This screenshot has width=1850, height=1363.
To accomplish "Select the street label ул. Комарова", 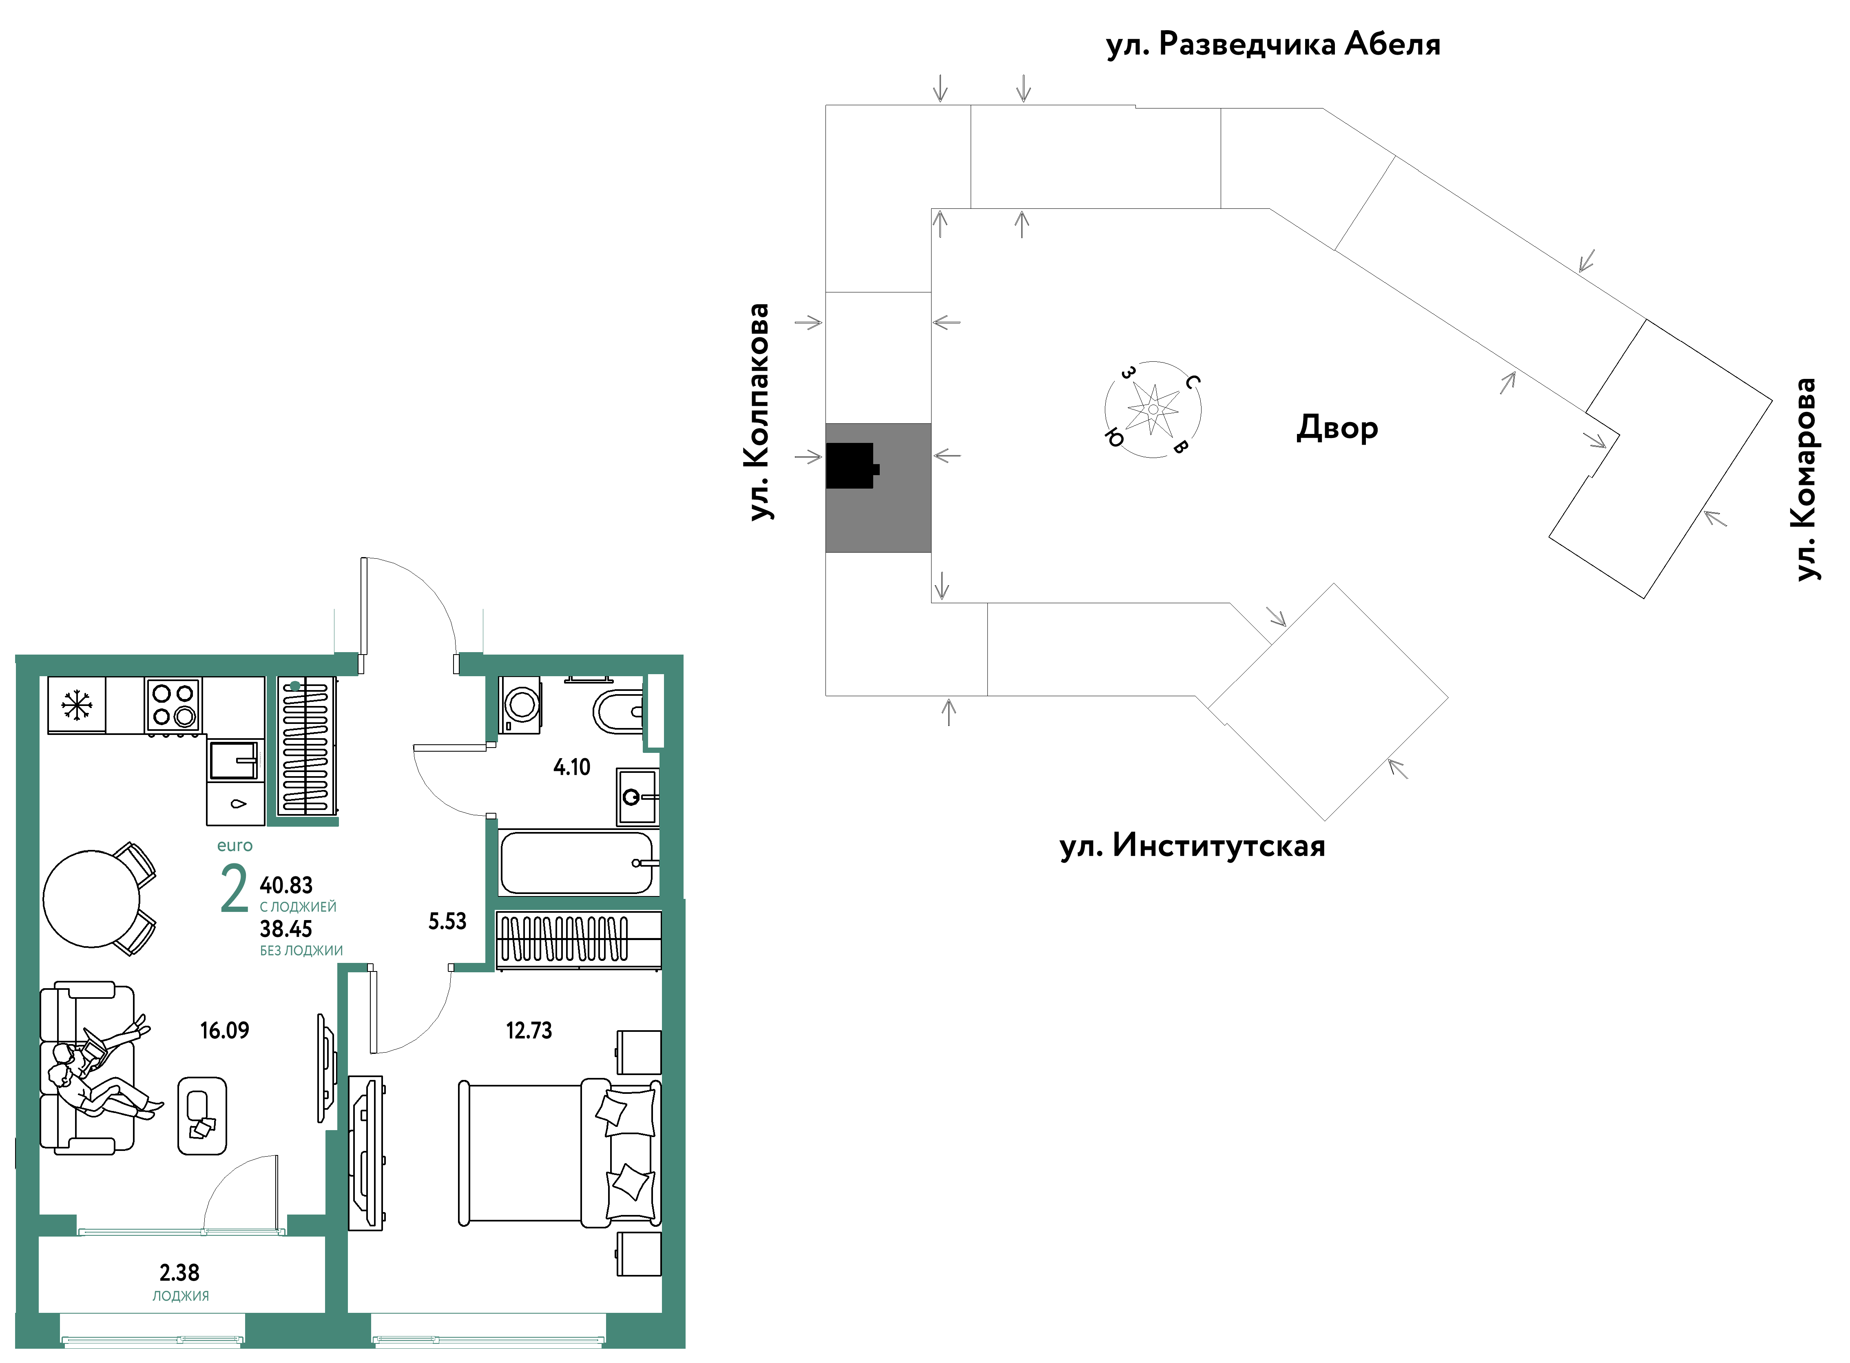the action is [1806, 479].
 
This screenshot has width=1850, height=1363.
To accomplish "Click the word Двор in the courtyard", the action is [1337, 428].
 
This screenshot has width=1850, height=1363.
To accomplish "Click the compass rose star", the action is [1153, 409].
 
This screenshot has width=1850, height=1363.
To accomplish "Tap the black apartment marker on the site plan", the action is [852, 466].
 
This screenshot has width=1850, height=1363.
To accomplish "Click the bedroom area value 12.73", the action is [529, 1031].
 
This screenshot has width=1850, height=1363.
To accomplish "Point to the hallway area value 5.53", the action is [447, 922].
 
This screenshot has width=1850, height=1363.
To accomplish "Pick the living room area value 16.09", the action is [224, 1031].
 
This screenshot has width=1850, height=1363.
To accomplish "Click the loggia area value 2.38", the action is [180, 1273].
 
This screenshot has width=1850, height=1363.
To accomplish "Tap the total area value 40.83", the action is [286, 885].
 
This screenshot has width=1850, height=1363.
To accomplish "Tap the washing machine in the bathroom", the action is [520, 706].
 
